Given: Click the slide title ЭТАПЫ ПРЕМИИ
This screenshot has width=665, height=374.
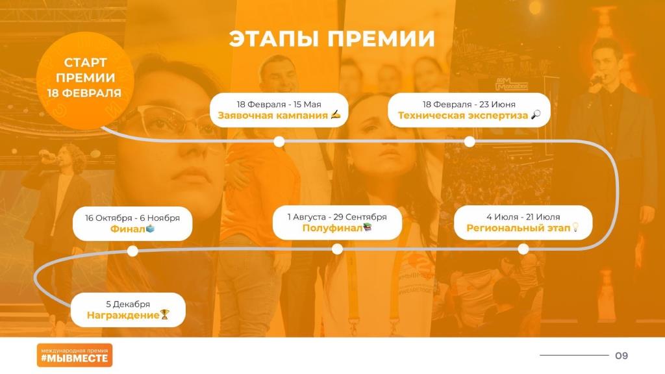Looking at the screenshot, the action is [332, 38].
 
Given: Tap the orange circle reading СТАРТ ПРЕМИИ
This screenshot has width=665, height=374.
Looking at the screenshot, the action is [85, 81].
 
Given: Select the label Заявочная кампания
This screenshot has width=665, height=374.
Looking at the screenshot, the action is [273, 116].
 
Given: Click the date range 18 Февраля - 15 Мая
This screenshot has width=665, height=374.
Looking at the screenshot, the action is [279, 105].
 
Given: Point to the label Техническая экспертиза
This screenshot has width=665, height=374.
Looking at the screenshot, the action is [462, 116].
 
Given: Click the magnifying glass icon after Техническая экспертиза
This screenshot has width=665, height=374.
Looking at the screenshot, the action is [536, 114].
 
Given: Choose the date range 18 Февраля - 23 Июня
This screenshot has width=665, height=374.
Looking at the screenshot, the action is [469, 105].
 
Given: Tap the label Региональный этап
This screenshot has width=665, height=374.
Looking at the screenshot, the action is [518, 228].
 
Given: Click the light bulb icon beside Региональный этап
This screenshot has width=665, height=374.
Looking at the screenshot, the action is [575, 227].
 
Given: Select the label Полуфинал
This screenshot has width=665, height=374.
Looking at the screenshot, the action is [332, 228].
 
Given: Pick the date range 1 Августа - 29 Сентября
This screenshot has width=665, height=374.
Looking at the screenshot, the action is [337, 217].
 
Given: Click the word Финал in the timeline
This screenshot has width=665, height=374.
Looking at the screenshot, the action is [127, 229].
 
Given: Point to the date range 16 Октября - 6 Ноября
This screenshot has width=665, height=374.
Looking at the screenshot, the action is [132, 218].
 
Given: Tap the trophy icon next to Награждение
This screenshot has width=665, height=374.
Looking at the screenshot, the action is [164, 314].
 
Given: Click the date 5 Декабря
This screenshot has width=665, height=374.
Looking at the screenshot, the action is [128, 305].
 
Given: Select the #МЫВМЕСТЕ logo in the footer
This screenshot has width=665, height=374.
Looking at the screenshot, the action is [75, 355].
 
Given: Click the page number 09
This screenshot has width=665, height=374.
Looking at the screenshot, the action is [621, 355].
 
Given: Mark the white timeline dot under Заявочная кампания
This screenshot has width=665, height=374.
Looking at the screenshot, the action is [279, 142].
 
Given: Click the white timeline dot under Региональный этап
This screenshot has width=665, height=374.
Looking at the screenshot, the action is [523, 249].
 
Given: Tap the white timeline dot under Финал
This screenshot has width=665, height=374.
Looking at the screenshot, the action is [132, 251].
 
